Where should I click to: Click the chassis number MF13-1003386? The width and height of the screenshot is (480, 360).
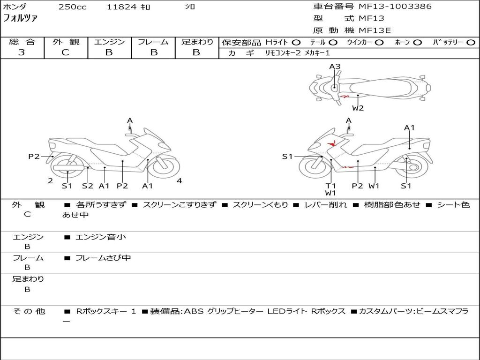pyautogui.click(x=395, y=7)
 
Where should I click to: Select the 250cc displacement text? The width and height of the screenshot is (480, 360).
pyautogui.click(x=72, y=7)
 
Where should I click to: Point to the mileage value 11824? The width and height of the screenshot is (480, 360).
pyautogui.click(x=121, y=7)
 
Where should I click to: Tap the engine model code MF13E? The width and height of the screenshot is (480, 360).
pyautogui.click(x=375, y=30)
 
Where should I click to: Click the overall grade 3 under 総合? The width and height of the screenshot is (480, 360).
pyautogui.click(x=22, y=52)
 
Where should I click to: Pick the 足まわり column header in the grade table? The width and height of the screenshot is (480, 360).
pyautogui.click(x=197, y=42)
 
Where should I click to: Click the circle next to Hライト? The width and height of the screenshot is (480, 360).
pyautogui.click(x=296, y=42)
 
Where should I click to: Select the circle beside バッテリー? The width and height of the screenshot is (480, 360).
pyautogui.click(x=471, y=42)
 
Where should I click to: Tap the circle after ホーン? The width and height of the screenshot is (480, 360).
pyautogui.click(x=417, y=42)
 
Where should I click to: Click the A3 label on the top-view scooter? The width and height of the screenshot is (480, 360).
pyautogui.click(x=335, y=67)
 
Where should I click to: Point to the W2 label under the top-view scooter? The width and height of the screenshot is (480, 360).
pyautogui.click(x=358, y=108)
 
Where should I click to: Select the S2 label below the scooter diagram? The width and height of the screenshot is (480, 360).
pyautogui.click(x=88, y=186)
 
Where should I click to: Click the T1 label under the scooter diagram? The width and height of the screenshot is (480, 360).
pyautogui.click(x=331, y=186)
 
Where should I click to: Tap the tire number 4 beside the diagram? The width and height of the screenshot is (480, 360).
pyautogui.click(x=179, y=180)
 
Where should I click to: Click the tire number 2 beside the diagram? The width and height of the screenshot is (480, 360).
pyautogui.click(x=50, y=180)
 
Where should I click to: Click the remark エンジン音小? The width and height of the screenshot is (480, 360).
pyautogui.click(x=100, y=237)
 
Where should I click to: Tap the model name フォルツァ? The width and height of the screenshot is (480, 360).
pyautogui.click(x=20, y=18)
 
